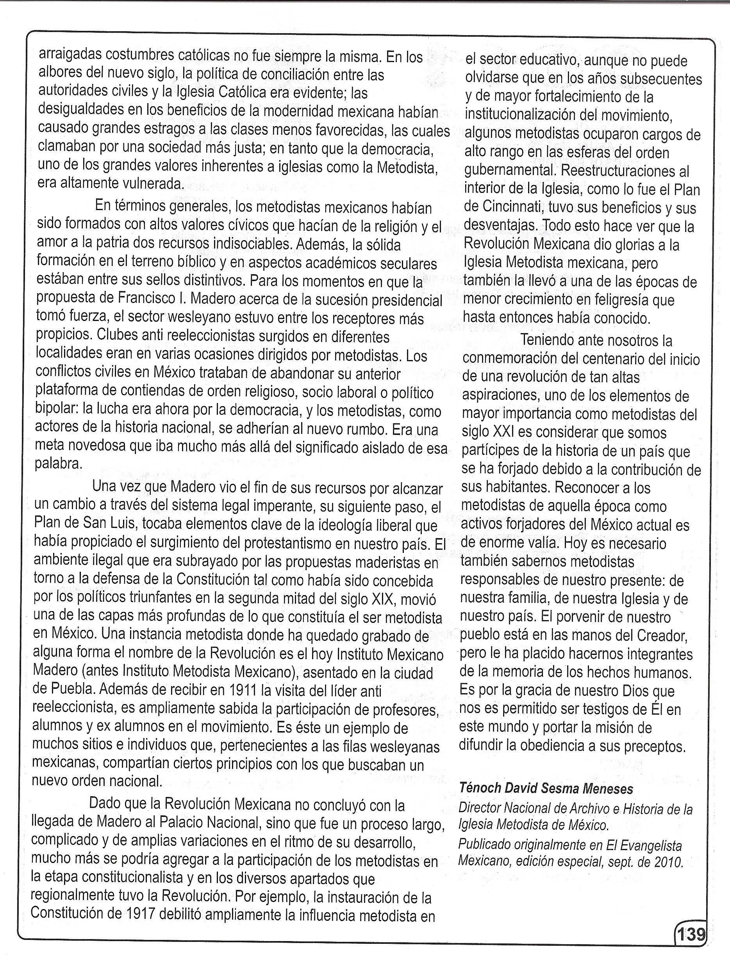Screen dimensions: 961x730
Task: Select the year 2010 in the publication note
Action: [668, 861]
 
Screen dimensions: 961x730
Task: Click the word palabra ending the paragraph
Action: [58, 464]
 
